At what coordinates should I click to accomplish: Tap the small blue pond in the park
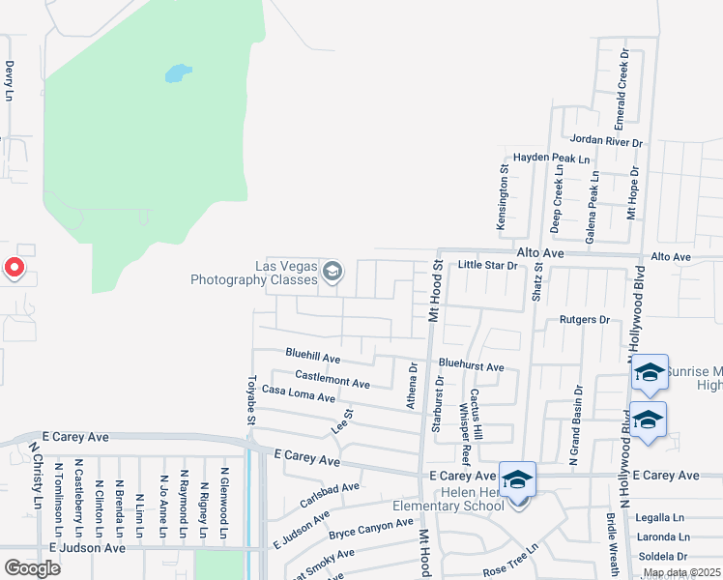click(x=177, y=73)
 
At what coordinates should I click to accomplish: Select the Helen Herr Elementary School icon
click(x=517, y=479)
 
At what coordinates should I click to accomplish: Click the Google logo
click(x=31, y=567)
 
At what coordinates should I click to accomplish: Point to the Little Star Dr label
click(x=488, y=264)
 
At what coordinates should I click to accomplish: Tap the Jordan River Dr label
click(x=606, y=141)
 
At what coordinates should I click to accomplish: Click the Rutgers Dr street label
click(x=585, y=319)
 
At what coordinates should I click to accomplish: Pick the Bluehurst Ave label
click(x=471, y=366)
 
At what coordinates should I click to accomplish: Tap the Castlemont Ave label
click(x=333, y=379)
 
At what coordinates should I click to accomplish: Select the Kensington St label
click(x=503, y=202)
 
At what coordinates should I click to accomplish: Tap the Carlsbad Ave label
click(x=330, y=493)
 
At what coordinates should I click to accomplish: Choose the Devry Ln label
click(x=10, y=81)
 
